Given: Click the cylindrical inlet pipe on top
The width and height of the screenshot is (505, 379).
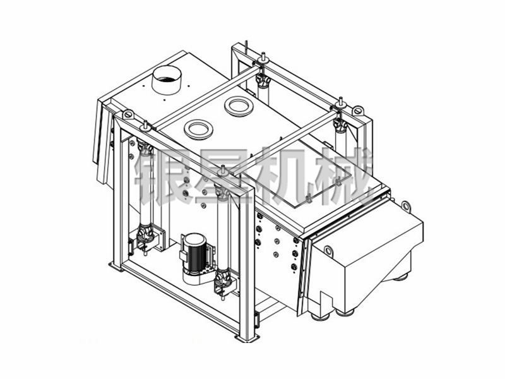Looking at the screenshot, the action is [167, 80].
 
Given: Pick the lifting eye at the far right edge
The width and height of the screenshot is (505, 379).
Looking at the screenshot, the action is [406, 206].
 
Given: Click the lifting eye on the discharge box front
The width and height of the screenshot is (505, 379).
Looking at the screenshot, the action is [328, 250].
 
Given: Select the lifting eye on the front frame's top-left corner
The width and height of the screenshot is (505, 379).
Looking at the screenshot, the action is [128, 114].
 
